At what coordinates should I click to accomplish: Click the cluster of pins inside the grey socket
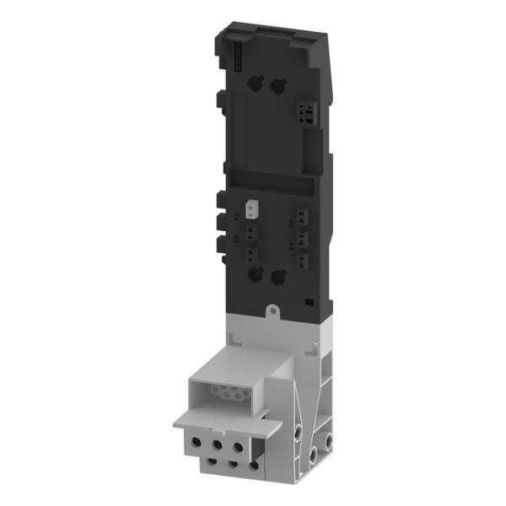[x=225, y=392]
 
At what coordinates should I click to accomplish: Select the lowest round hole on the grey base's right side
[x=312, y=455]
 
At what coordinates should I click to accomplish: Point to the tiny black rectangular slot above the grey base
[x=309, y=300]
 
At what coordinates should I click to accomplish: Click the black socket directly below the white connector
[x=250, y=228]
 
